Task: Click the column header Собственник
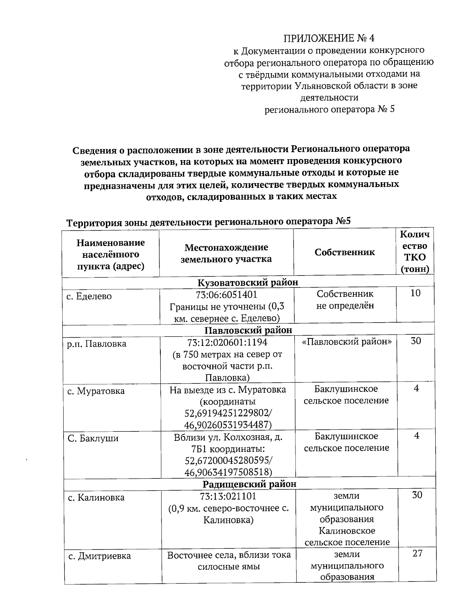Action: [344, 252]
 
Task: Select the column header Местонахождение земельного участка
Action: [226, 253]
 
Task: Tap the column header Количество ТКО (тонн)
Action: [415, 252]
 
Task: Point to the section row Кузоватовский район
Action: [248, 282]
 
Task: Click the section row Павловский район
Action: [248, 330]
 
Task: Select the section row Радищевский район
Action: [249, 484]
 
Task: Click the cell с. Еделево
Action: [89, 296]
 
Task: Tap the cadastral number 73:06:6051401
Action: [226, 295]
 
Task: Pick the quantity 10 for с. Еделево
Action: [415, 293]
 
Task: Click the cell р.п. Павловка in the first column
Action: [96, 344]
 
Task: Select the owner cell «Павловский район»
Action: [346, 342]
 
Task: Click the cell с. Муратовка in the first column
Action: [96, 391]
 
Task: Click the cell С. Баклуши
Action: [93, 438]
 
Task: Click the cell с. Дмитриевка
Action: [99, 556]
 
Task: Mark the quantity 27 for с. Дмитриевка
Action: [417, 554]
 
